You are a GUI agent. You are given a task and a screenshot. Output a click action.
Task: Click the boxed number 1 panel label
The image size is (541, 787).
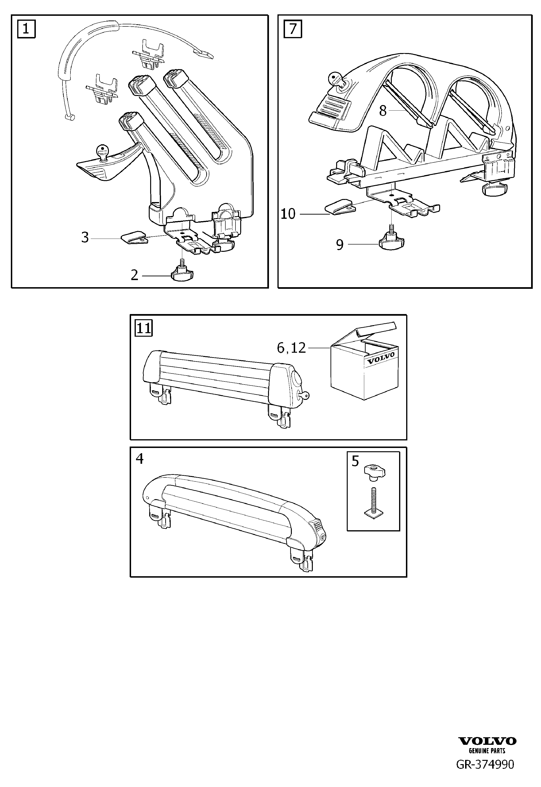point(26,29)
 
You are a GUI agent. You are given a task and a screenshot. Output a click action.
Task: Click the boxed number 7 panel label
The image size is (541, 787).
point(293,29)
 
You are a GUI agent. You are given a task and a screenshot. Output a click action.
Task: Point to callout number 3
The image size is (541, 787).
point(85,238)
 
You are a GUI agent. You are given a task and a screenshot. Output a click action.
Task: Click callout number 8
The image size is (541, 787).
point(383,111)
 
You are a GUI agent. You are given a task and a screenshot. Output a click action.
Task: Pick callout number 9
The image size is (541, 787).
point(340,244)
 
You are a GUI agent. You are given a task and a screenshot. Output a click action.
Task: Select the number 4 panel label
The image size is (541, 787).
point(140,459)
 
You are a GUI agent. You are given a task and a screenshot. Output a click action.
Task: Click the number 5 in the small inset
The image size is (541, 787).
point(355,461)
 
